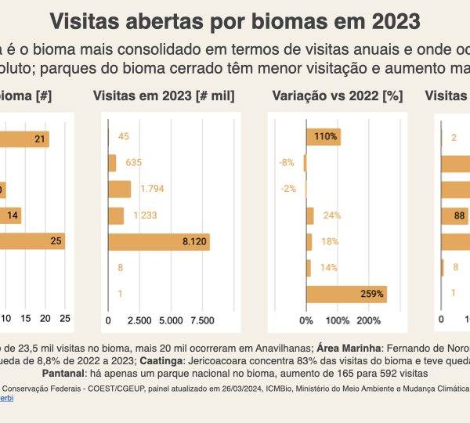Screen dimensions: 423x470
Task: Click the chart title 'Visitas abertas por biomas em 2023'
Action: pos(234,20)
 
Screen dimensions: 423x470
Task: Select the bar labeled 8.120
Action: pos(159,242)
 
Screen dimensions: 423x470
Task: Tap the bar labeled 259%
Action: pos(346,295)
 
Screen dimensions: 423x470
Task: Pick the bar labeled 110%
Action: pos(323,136)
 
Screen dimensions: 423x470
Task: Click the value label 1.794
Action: pos(152,189)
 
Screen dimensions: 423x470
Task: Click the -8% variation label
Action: pos(287,163)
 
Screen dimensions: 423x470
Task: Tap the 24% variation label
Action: pos(331,215)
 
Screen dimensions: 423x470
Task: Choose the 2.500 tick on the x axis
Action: pos(139,320)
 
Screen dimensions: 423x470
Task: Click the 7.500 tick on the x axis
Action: pos(203,320)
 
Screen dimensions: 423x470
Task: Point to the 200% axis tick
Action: pos(368,320)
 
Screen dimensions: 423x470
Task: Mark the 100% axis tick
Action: pos(337,320)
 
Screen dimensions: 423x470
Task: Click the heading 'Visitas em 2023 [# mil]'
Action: pos(164,96)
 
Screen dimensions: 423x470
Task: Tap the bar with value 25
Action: pos(31,242)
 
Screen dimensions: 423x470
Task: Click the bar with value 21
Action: pos(23,139)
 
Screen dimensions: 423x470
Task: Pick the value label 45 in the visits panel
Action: pos(124,136)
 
